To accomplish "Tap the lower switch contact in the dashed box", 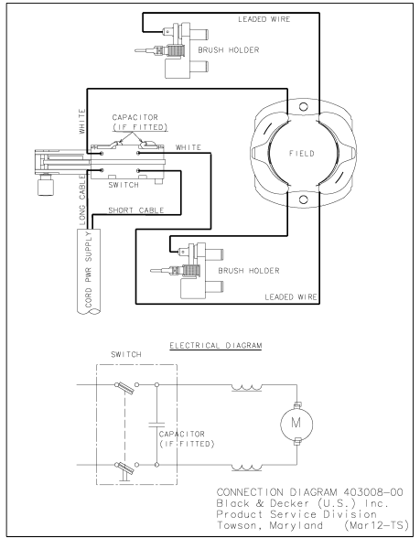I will [119, 469].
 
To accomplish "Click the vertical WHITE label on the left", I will [81, 123].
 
